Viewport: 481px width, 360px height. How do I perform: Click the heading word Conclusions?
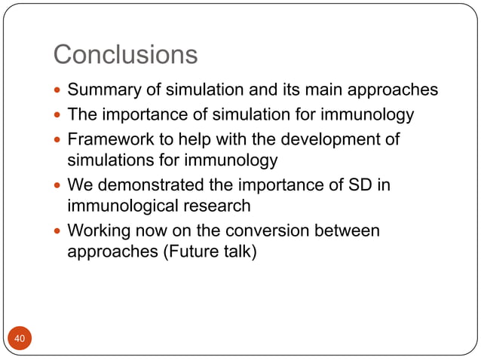tap(125, 54)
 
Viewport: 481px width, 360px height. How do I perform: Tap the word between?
tap(348, 230)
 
